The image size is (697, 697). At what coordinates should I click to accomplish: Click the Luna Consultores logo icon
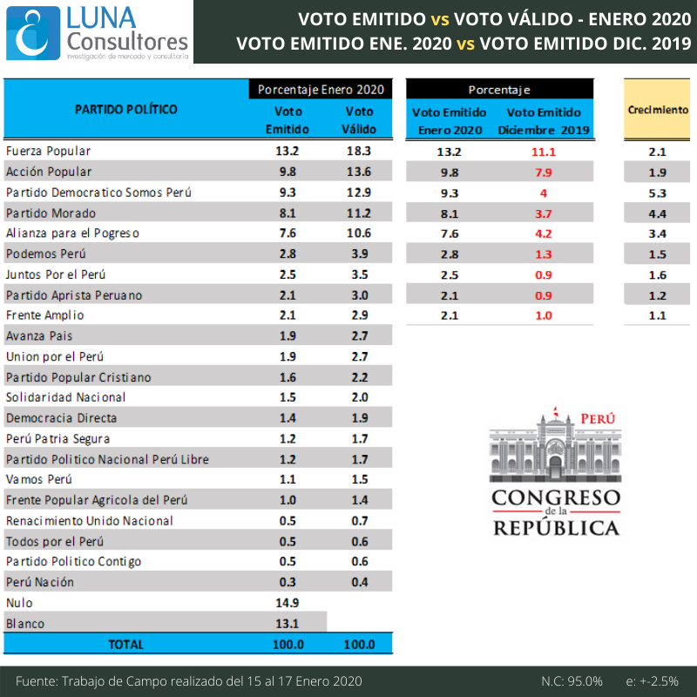point(33,31)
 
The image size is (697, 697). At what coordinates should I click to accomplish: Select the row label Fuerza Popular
point(48,151)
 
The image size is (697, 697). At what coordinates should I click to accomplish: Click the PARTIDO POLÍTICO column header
point(126,110)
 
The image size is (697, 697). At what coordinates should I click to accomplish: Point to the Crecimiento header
point(658,111)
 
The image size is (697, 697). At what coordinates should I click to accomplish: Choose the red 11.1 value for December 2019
point(544,152)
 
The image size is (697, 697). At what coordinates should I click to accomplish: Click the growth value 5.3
point(658,193)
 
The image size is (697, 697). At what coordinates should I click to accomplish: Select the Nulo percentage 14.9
point(288,603)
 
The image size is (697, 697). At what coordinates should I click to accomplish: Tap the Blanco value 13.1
point(288,624)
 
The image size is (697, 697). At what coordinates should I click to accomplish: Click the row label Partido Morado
point(50,213)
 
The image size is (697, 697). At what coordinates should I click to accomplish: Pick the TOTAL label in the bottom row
point(126,645)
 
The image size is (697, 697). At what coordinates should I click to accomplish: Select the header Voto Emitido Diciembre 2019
point(544,121)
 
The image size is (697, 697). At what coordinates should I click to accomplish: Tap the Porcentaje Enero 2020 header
point(321,90)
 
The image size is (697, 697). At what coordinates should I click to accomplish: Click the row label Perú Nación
point(40,582)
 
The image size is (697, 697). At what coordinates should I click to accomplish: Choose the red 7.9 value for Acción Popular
point(544,172)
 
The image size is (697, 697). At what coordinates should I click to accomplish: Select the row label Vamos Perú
point(39,479)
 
